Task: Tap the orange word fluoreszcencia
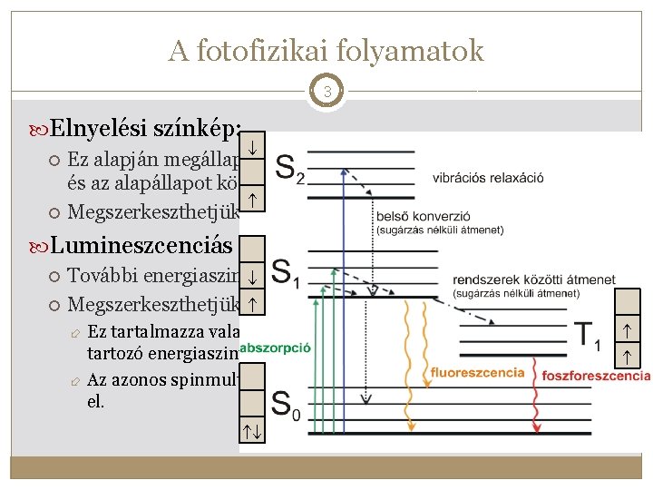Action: [x=478, y=372]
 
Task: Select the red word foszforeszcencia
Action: [x=596, y=376]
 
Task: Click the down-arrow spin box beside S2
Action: [x=254, y=144]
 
